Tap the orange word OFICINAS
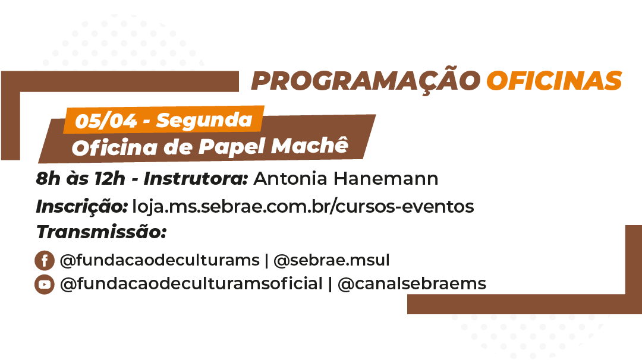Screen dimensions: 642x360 (555, 80)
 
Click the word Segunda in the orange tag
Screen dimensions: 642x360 (204, 120)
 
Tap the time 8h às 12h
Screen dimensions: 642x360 (80, 178)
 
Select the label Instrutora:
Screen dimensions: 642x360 (196, 178)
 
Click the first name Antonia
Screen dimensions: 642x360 (291, 178)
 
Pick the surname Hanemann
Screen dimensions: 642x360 (386, 178)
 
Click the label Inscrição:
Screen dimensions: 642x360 (82, 206)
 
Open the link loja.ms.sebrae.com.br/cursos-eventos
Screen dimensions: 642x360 (303, 206)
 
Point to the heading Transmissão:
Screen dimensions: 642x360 (102, 232)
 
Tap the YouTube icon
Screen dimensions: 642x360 (45, 285)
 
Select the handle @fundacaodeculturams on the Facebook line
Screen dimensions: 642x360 (160, 260)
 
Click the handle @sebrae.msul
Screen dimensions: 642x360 (332, 260)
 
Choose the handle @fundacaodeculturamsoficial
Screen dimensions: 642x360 (191, 283)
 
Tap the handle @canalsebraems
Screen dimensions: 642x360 (412, 283)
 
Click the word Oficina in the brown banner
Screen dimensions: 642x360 (115, 148)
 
